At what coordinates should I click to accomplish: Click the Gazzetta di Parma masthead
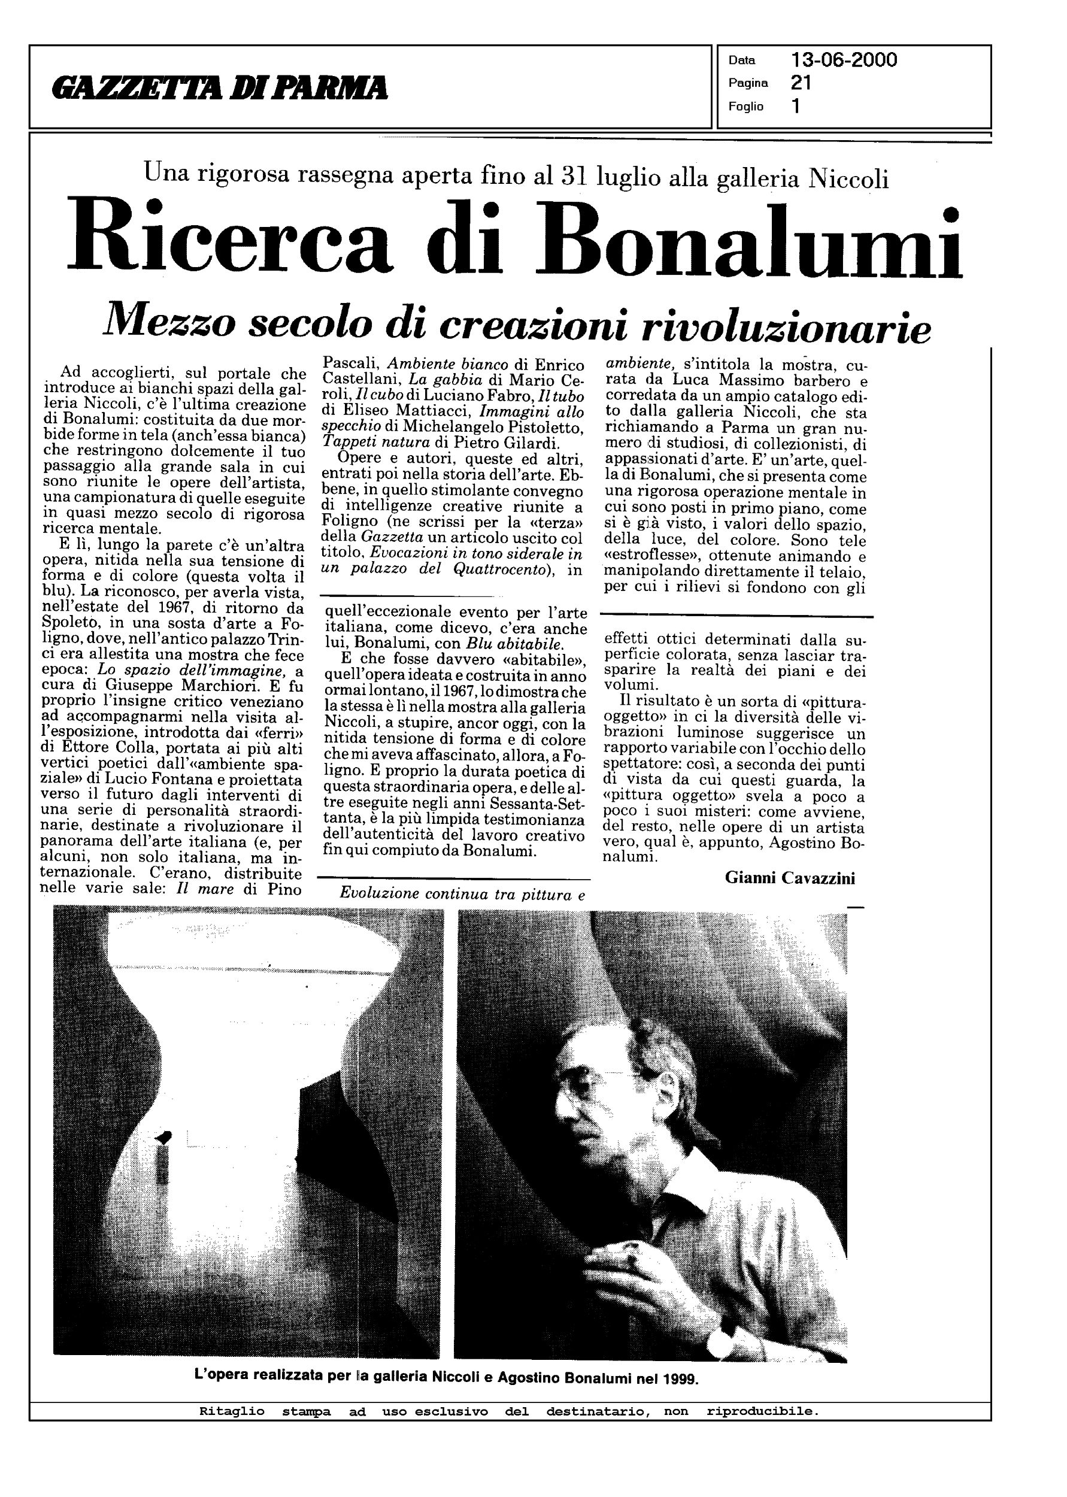[x=222, y=88]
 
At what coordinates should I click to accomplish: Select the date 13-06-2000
[x=844, y=60]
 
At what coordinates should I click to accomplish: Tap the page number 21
[x=801, y=83]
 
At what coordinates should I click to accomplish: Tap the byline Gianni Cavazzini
[x=790, y=878]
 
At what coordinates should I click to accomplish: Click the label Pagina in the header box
[x=748, y=83]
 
